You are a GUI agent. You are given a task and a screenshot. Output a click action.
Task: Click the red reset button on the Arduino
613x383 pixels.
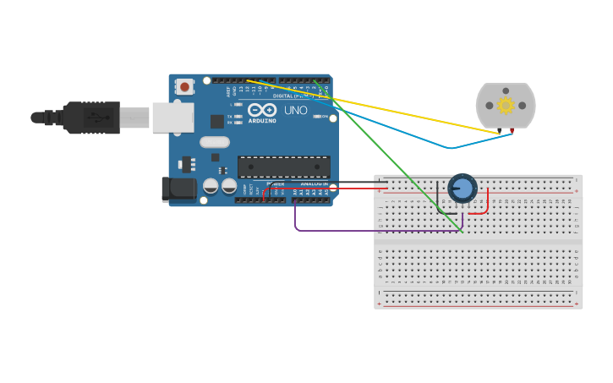pos(184,86)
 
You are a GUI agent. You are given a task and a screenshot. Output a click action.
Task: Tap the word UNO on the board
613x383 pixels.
pos(296,111)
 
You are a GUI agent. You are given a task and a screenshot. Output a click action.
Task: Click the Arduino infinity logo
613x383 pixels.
pos(262,110)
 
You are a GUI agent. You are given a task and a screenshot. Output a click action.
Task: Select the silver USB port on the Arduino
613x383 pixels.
pos(172,118)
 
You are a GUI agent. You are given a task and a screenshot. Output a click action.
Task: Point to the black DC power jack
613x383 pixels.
pos(178,189)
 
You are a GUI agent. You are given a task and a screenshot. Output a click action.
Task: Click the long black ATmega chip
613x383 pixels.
pos(283,167)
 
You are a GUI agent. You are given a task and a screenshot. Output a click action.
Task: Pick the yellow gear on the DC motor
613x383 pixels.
pos(506,105)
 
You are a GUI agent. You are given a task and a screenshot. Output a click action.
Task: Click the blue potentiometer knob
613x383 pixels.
pos(462,188)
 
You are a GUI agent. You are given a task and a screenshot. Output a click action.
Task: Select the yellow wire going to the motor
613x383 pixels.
pos(380,107)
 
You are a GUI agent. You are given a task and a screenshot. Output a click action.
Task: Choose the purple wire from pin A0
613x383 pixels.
pos(355,230)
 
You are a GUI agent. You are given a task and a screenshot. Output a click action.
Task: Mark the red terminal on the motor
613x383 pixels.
pos(512,131)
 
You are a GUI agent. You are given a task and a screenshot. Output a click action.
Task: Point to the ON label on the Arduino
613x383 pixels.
pos(324,117)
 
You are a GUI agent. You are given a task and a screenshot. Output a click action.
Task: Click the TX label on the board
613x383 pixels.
pos(232,116)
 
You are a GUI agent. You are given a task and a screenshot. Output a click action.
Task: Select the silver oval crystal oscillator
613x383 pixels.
pos(215,142)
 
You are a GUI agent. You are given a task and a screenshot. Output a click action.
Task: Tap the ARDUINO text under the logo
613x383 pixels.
pos(262,120)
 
